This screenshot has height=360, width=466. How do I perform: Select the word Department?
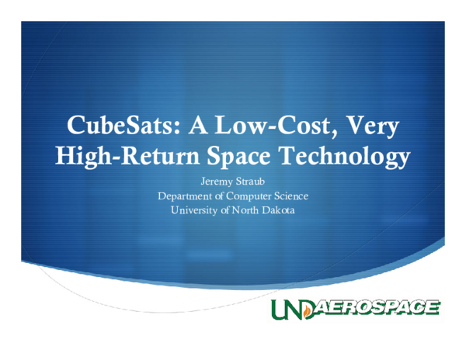point(186,196)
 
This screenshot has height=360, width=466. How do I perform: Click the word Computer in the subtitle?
point(254,196)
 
